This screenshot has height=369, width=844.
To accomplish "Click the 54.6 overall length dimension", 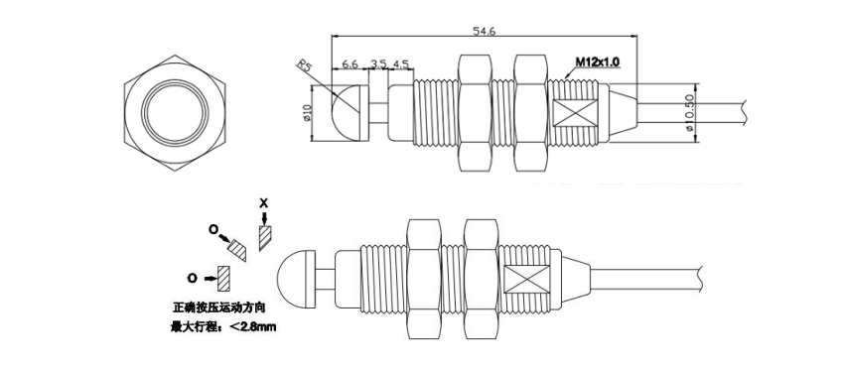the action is [x=484, y=31].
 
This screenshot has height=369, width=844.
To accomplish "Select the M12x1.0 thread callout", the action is [x=598, y=61].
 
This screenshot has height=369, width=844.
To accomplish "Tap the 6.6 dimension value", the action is [x=350, y=64].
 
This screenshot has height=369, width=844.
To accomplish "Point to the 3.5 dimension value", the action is [x=378, y=64].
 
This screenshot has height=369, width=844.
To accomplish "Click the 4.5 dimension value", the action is [x=400, y=64].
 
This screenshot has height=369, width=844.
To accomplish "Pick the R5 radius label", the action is [x=305, y=66].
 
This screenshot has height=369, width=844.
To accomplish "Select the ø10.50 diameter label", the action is [x=689, y=113].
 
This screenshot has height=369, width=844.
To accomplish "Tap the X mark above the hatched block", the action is [x=263, y=202].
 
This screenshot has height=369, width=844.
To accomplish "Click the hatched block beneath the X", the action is [x=265, y=238].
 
